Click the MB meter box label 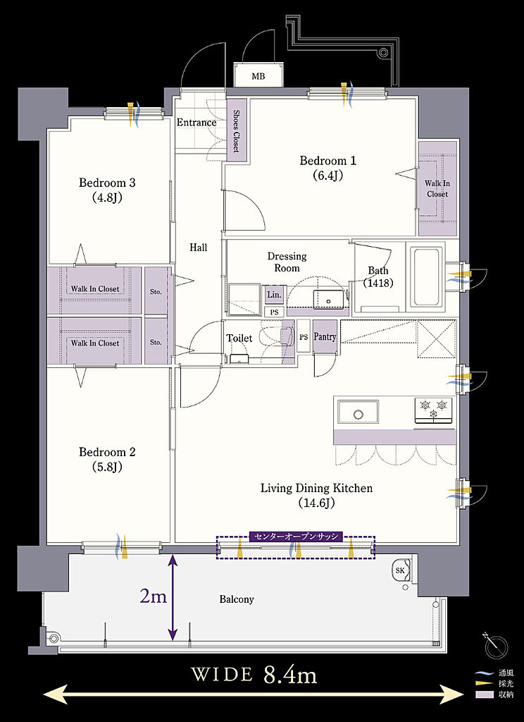pos(258,76)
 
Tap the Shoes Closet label pos(236,130)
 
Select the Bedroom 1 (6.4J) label pos(327,168)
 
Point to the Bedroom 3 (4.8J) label pos(107,190)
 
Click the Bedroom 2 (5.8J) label pos(107,459)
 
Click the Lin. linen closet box pos(274,295)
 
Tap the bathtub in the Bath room pos(428,277)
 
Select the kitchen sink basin pos(358,412)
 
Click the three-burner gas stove pos(433,410)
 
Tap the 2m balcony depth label pos(153,596)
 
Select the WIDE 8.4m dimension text pos(254,675)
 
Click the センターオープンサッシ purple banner pos(296,536)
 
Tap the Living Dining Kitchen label pos(316,495)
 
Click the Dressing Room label pos(287,262)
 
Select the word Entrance pos(196,123)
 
